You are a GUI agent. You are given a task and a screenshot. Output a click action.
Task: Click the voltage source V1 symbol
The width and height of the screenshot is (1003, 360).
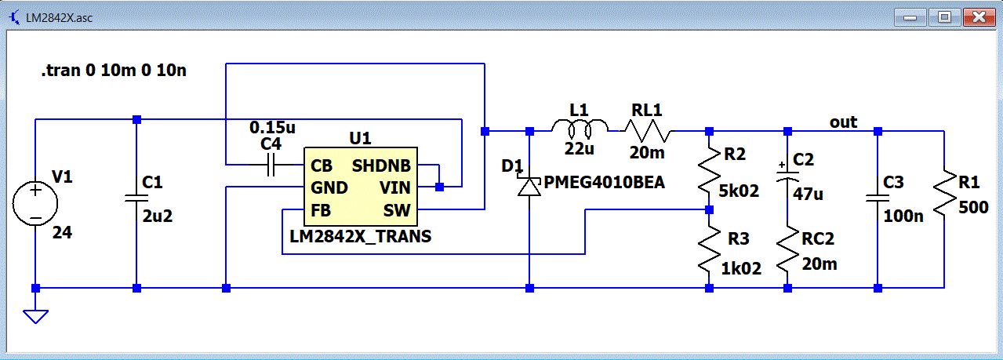(x=36, y=202)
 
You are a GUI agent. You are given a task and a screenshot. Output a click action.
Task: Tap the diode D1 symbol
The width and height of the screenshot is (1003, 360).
(x=531, y=186)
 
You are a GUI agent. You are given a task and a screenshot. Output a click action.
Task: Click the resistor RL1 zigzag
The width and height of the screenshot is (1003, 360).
(x=648, y=130)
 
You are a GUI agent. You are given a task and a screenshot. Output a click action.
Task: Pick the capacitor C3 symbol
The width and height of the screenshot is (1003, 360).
(x=878, y=198)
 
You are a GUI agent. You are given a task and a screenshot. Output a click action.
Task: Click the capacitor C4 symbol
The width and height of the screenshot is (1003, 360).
(x=271, y=165)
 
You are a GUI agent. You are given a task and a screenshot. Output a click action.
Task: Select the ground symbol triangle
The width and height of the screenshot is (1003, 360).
(x=36, y=315)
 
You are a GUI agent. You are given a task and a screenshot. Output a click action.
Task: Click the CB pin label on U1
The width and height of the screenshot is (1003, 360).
(x=322, y=165)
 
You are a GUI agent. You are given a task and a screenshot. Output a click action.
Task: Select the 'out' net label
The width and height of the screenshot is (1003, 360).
(x=844, y=122)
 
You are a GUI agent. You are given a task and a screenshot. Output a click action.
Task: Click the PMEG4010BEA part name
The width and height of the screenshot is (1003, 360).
(x=604, y=183)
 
